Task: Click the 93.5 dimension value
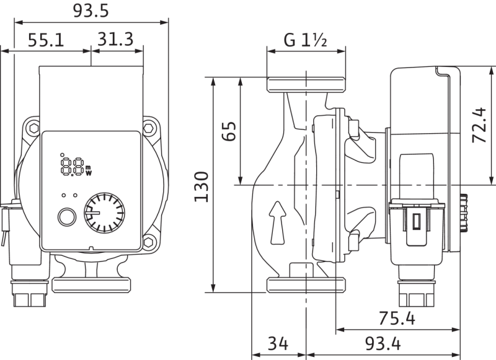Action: (x=91, y=11)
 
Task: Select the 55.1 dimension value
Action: (x=46, y=40)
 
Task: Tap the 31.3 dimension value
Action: (x=115, y=39)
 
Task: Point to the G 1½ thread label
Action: (x=305, y=40)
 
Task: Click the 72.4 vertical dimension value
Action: (x=479, y=125)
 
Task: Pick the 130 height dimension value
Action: (x=201, y=187)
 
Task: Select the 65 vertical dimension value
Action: (x=229, y=131)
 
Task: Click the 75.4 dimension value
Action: (x=397, y=318)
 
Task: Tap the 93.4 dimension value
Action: (x=383, y=343)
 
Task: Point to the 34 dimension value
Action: (x=278, y=343)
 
